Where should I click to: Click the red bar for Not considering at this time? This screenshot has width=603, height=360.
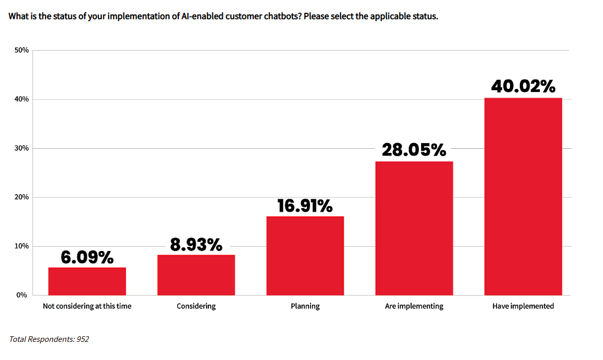pyautogui.click(x=87, y=281)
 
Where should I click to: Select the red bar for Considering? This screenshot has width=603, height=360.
pyautogui.click(x=196, y=275)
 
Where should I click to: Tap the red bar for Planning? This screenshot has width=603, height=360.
pyautogui.click(x=305, y=256)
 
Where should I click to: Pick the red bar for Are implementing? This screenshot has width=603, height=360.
pyautogui.click(x=414, y=228)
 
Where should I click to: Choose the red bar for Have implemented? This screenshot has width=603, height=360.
pyautogui.click(x=523, y=196)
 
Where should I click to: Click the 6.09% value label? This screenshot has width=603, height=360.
pyautogui.click(x=87, y=257)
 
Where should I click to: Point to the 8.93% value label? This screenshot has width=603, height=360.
pyautogui.click(x=196, y=244)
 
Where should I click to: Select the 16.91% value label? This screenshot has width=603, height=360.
pyautogui.click(x=305, y=206)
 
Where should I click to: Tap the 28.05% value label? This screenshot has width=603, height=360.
pyautogui.click(x=414, y=150)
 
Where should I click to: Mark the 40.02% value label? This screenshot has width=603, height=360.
pyautogui.click(x=523, y=86)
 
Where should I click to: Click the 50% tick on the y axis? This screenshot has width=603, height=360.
pyautogui.click(x=21, y=51)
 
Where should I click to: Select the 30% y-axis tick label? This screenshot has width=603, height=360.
pyautogui.click(x=21, y=149)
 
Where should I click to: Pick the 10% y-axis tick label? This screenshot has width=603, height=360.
pyautogui.click(x=21, y=246)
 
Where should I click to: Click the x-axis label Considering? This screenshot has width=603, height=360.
pyautogui.click(x=196, y=306)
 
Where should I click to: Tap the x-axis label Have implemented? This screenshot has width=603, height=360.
pyautogui.click(x=523, y=306)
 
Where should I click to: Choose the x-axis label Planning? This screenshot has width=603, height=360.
pyautogui.click(x=305, y=306)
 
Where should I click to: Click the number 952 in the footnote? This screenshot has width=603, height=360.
pyautogui.click(x=83, y=339)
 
